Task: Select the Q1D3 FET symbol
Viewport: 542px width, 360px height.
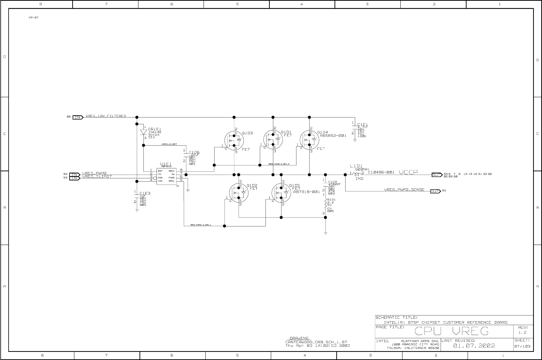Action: pos(234,140)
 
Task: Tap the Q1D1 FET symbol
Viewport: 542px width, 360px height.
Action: pos(273,140)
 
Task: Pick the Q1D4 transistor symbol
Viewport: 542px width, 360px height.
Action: pos(309,140)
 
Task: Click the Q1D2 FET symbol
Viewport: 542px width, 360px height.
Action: pos(238,193)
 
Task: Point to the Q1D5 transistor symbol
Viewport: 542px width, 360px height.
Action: pos(281,193)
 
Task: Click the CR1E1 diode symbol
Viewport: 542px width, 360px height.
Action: pos(144,132)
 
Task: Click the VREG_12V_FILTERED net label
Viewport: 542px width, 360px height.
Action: pos(106,116)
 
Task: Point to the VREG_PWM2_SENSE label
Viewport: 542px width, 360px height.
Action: pos(404,190)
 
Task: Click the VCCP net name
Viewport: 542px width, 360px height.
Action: pos(409,172)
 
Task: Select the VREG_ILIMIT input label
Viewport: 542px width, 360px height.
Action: pos(97,177)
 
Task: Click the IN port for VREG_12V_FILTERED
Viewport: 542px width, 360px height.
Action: pos(78,117)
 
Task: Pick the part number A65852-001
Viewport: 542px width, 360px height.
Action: pos(333,136)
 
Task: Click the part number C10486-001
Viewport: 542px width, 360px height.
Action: pos(381,172)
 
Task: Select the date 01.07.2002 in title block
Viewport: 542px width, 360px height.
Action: pos(474,346)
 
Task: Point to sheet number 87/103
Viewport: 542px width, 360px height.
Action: pos(522,346)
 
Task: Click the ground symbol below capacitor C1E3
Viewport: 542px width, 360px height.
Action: pos(137,210)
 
